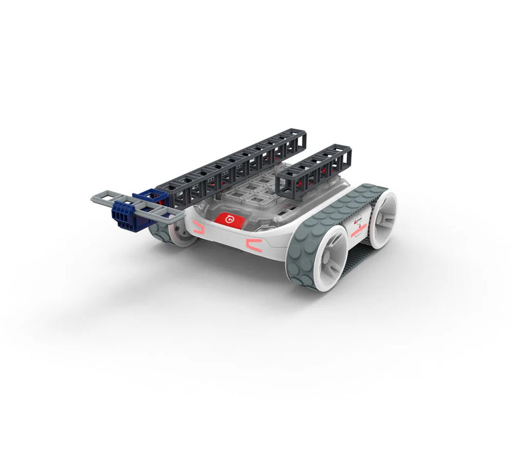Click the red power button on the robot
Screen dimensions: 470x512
(228, 219)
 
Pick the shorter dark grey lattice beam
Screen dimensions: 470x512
(314, 171)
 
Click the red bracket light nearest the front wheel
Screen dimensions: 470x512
(254, 245)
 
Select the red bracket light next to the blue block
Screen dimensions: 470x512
(197, 229)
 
